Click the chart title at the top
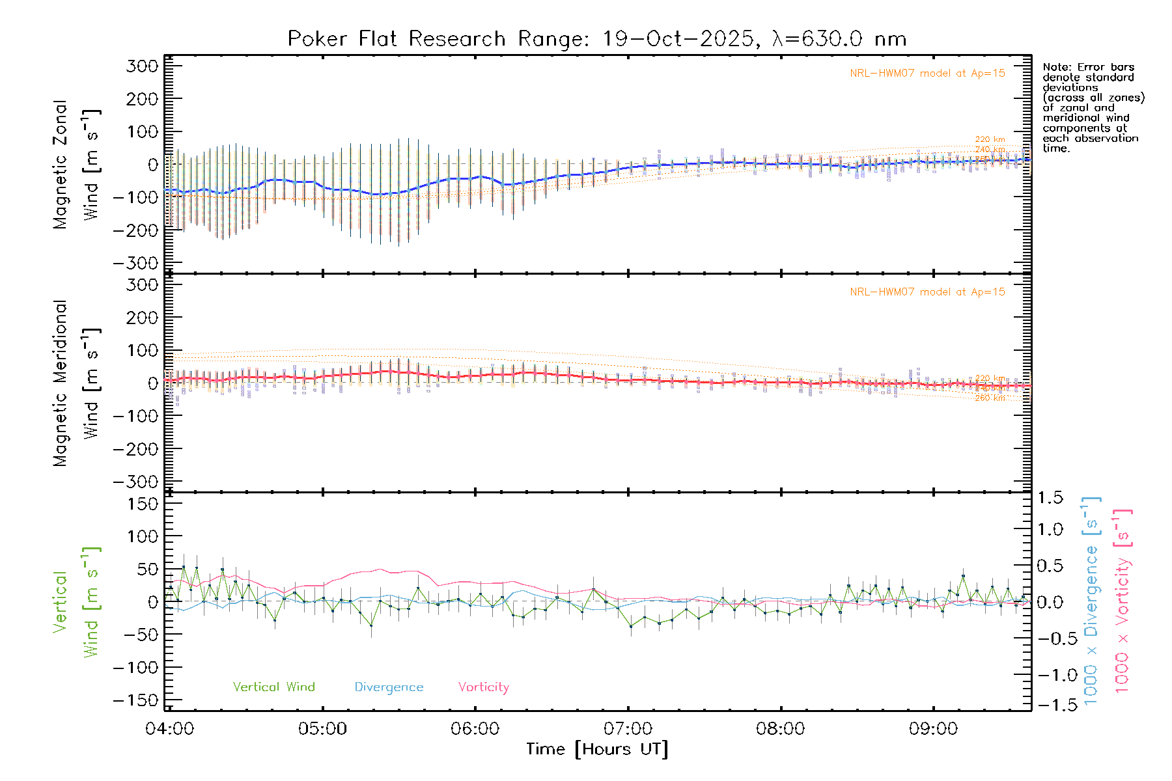coord(596,39)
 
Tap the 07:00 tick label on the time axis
coord(628,729)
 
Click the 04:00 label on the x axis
coord(169,729)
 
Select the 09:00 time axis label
coord(933,729)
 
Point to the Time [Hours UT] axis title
coord(597,750)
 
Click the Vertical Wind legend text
coord(273,687)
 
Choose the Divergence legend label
coord(389,687)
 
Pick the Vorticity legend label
coord(483,687)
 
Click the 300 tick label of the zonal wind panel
coord(143,66)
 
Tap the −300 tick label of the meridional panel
coord(136,482)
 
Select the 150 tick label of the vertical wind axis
coord(143,504)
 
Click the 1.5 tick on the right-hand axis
coord(1050,498)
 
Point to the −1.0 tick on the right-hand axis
coord(1050,675)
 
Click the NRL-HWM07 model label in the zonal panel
coord(927,74)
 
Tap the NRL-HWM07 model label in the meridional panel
coord(927,292)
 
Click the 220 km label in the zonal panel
coord(990,139)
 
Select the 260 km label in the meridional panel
coord(990,398)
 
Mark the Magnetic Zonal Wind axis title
coord(76,165)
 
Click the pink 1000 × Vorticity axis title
coord(1122,600)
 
